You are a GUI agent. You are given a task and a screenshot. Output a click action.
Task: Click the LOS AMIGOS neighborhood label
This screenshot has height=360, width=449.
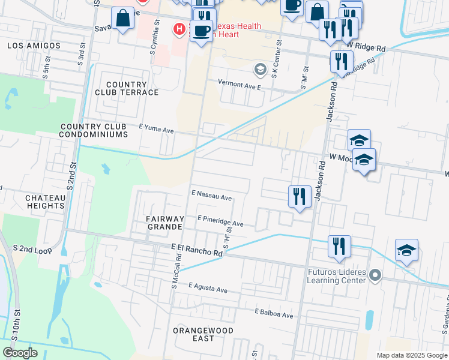[34, 46]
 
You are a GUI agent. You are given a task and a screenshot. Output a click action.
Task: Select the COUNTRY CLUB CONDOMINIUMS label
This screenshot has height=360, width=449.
[94, 131]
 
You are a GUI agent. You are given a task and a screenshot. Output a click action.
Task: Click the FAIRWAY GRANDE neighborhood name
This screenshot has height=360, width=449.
[164, 223]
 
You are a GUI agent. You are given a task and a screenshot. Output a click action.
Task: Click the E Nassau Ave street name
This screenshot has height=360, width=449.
[211, 196]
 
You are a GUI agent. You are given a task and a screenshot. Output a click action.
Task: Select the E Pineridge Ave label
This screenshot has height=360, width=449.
[220, 222]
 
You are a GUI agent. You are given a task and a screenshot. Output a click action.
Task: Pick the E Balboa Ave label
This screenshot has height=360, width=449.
[273, 314]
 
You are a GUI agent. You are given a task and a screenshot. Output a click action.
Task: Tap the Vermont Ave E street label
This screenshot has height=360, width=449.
[240, 86]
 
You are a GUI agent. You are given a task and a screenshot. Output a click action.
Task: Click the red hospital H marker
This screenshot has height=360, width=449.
[178, 29]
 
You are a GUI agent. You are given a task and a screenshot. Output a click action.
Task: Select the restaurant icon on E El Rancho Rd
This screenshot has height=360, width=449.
[339, 247]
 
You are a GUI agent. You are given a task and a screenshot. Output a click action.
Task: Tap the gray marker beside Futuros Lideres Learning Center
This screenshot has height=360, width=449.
[375, 275]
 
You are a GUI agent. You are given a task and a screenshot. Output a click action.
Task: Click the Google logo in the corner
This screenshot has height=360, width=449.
[20, 353]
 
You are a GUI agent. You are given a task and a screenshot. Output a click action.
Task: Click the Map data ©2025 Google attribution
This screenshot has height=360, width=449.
[411, 355]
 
